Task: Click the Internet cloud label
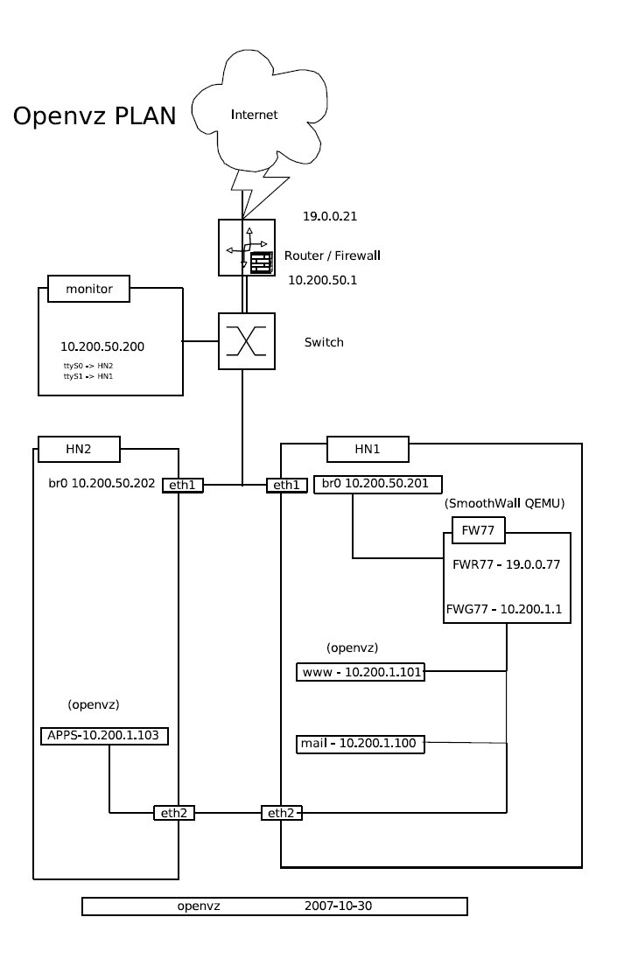coord(254,115)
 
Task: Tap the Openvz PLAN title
coord(95,116)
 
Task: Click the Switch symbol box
coord(247,340)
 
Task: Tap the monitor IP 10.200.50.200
coord(102,347)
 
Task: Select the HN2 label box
coord(79,450)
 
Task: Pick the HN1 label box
coord(367,450)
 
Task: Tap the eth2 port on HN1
coord(282,813)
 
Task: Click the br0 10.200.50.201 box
coord(377,484)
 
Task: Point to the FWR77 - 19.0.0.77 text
coord(507,564)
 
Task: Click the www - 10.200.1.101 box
coord(361,673)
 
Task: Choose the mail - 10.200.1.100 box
coord(361,743)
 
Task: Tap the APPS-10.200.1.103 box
coord(105,736)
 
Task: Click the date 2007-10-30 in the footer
coord(340,906)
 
